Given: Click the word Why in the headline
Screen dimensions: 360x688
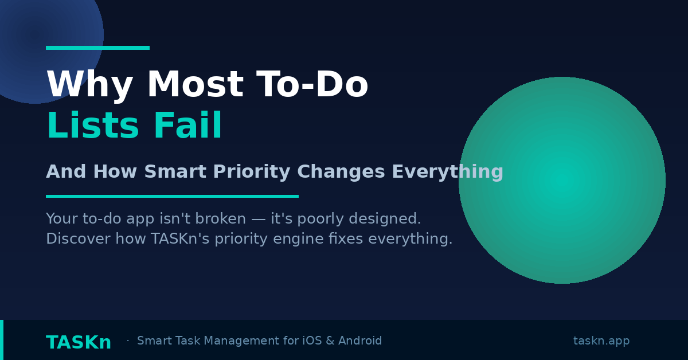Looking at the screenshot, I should (89, 86).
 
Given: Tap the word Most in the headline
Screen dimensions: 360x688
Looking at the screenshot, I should (195, 86).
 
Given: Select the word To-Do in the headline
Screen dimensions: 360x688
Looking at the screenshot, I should (312, 86).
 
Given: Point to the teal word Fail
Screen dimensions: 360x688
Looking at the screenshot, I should (187, 127).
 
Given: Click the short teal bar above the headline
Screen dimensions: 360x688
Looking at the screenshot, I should (97, 48).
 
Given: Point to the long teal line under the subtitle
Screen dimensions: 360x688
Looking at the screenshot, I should (172, 196).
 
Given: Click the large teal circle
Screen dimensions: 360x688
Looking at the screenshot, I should (562, 180).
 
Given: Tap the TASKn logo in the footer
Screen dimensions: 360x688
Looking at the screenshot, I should (79, 343).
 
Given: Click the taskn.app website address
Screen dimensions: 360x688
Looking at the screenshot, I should (601, 341).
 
